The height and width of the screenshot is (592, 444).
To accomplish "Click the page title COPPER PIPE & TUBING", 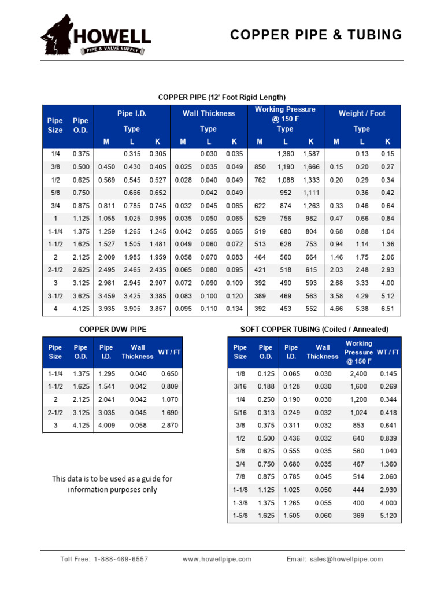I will [x=316, y=35].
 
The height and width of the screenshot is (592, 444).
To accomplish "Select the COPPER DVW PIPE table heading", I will [x=112, y=329].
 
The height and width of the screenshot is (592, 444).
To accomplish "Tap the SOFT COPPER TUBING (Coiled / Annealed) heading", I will [x=314, y=329].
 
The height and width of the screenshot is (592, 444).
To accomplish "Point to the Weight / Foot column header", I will [x=361, y=113].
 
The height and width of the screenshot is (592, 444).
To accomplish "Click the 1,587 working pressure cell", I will [x=310, y=154].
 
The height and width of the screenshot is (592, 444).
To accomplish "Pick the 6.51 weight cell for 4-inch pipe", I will [x=387, y=309].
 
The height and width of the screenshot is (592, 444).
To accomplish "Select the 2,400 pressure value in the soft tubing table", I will [x=358, y=374].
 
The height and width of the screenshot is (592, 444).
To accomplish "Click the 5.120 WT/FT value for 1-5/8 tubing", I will [x=388, y=516].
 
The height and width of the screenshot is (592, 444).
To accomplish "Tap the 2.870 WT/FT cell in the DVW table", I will [x=169, y=425].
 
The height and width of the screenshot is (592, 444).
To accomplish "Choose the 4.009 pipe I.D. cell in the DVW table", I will [x=107, y=425].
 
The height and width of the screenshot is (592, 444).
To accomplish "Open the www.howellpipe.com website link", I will [x=217, y=559].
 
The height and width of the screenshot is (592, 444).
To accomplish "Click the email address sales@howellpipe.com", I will [x=346, y=559].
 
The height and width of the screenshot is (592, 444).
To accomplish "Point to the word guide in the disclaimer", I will [x=147, y=479].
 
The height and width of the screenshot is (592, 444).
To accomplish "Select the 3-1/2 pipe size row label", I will [x=55, y=296].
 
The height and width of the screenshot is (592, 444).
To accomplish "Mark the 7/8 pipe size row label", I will [x=240, y=476].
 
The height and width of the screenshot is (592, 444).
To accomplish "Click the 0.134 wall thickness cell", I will [x=234, y=309].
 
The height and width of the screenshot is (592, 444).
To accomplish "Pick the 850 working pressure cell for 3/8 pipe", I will [x=260, y=167].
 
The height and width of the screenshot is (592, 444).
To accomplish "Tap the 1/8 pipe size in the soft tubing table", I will [x=240, y=374].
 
